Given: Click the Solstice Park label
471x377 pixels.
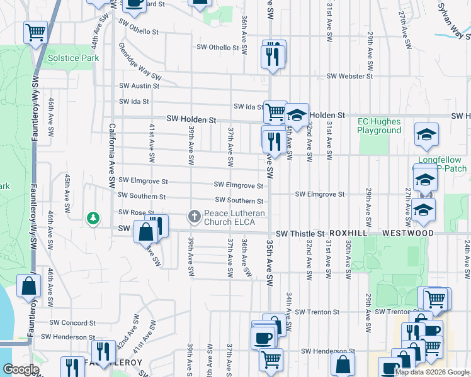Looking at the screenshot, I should coord(73,58).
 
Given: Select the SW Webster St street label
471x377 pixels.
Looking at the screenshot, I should coord(349,77).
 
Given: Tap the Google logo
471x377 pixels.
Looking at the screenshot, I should coord(21,369).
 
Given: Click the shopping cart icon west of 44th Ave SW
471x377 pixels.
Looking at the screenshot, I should coord(36,32).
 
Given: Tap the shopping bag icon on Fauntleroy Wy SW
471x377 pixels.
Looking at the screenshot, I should coord(30,286).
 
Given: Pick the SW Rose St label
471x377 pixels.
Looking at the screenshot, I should coord(137,212).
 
